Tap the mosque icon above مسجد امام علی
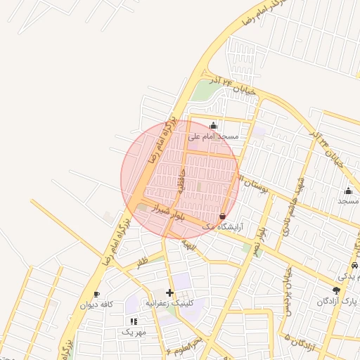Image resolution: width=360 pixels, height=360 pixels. pos(214,126)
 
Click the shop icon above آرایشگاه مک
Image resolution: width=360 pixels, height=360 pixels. pos(223,216)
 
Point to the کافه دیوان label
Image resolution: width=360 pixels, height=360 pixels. pos(96,304)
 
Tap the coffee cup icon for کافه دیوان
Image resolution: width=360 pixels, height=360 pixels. pos(96,295)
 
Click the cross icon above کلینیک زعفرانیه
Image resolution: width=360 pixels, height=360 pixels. pos(169,292)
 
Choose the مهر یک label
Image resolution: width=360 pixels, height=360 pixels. pos(134,331)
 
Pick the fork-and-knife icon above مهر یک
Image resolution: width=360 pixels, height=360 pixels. pos(134,321)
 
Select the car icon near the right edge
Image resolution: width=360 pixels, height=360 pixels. pos(354,266)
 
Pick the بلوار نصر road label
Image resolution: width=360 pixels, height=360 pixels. pos(259,240)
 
